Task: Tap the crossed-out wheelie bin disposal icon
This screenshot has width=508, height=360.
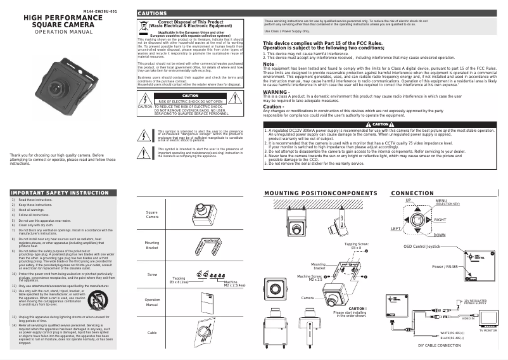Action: [x=143, y=27]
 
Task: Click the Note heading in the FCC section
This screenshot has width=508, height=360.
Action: [x=269, y=64]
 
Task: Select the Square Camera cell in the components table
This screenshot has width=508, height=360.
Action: [x=152, y=215]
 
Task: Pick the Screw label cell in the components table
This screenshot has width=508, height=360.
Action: [x=152, y=274]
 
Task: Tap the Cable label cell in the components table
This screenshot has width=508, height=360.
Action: [x=152, y=332]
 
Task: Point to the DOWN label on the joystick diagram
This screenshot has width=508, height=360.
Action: [x=439, y=235]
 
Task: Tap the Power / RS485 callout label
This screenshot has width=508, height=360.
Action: [x=445, y=267]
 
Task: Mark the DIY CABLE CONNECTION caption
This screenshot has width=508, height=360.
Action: [x=439, y=346]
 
